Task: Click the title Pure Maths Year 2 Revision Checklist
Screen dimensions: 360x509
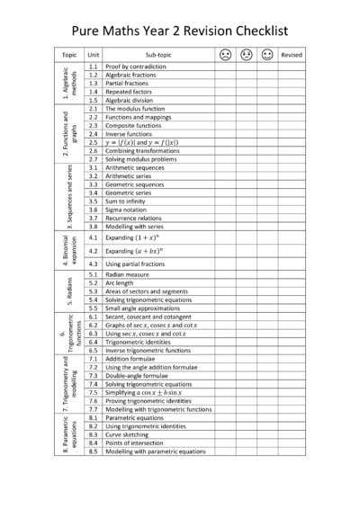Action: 180,30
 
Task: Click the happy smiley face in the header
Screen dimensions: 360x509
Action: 266,55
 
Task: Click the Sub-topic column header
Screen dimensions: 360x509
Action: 157,55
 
